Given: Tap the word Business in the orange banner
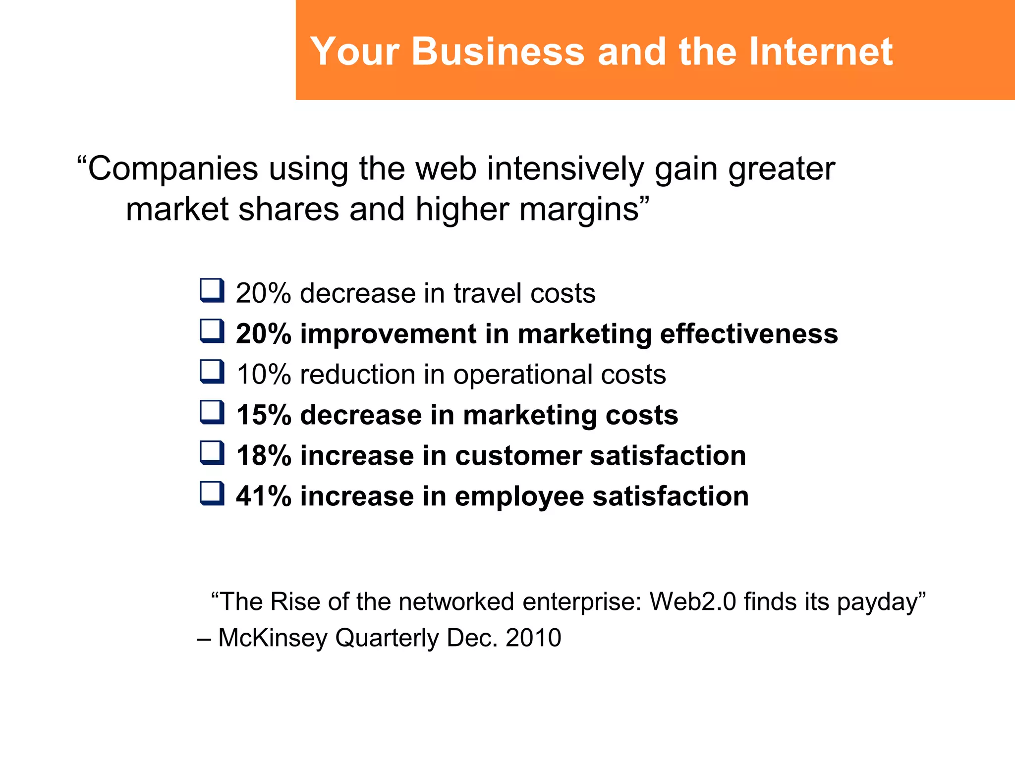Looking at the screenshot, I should (x=498, y=52).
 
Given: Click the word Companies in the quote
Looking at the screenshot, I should (x=173, y=169).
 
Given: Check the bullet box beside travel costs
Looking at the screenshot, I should (x=212, y=291).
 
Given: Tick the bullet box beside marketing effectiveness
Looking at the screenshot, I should (x=212, y=331).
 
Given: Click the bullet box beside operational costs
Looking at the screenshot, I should (x=212, y=372).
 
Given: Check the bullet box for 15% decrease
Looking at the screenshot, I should (x=212, y=413).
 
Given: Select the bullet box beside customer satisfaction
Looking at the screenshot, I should (x=212, y=453).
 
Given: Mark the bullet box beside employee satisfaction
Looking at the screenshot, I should (x=212, y=494).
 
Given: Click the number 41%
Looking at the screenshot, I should (x=263, y=496).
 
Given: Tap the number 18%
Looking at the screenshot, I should (x=263, y=455).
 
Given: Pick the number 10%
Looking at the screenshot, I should (x=263, y=374).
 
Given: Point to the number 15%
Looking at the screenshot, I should (x=263, y=415).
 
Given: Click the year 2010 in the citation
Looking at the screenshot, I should (x=533, y=638).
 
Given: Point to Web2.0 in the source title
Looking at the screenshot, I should (x=693, y=602).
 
